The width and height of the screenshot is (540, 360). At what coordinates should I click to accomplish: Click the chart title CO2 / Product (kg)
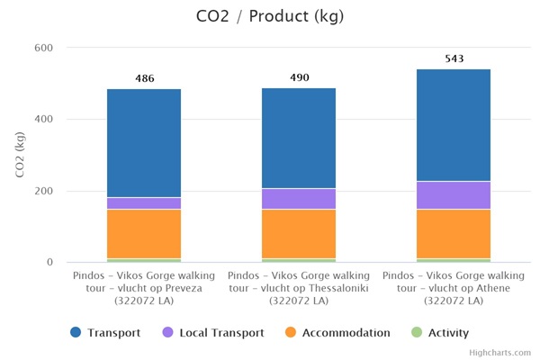click(x=269, y=17)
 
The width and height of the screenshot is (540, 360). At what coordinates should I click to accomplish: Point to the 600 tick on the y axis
click(x=43, y=48)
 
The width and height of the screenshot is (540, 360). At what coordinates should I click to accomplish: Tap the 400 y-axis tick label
click(x=43, y=119)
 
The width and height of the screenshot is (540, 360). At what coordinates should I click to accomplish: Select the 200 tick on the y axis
click(x=43, y=191)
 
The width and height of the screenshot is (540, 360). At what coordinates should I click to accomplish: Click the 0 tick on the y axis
click(x=49, y=263)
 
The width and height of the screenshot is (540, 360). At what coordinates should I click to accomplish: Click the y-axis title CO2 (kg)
click(x=20, y=155)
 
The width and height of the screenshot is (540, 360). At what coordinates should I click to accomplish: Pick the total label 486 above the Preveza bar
click(x=144, y=78)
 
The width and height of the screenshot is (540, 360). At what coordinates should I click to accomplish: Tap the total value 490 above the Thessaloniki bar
click(x=299, y=77)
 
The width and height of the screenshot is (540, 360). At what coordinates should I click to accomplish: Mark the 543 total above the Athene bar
click(x=454, y=58)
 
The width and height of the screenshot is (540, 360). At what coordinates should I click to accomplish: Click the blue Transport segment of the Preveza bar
click(x=144, y=143)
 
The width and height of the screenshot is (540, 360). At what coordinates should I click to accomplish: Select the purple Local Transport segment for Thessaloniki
click(x=299, y=199)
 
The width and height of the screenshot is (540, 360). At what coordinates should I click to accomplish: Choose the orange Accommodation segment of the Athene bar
click(x=454, y=234)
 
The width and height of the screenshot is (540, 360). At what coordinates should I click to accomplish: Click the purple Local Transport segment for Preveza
click(x=144, y=203)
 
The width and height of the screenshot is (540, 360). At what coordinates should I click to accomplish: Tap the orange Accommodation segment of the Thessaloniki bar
click(x=299, y=234)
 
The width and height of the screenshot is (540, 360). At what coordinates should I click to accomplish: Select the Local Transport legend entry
click(x=213, y=333)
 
